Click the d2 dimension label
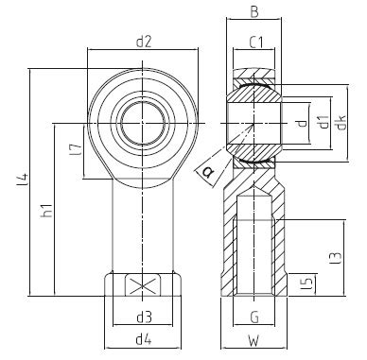[x=144, y=42]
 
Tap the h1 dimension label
[x=46, y=213]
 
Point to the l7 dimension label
[x=75, y=149]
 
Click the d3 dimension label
[x=144, y=316]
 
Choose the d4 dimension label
[x=143, y=339]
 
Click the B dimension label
[x=254, y=13]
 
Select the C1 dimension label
[x=254, y=42]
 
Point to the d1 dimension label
[x=323, y=122]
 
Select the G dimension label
[x=253, y=316]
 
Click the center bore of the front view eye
[x=143, y=122]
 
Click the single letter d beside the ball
[x=301, y=122]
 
